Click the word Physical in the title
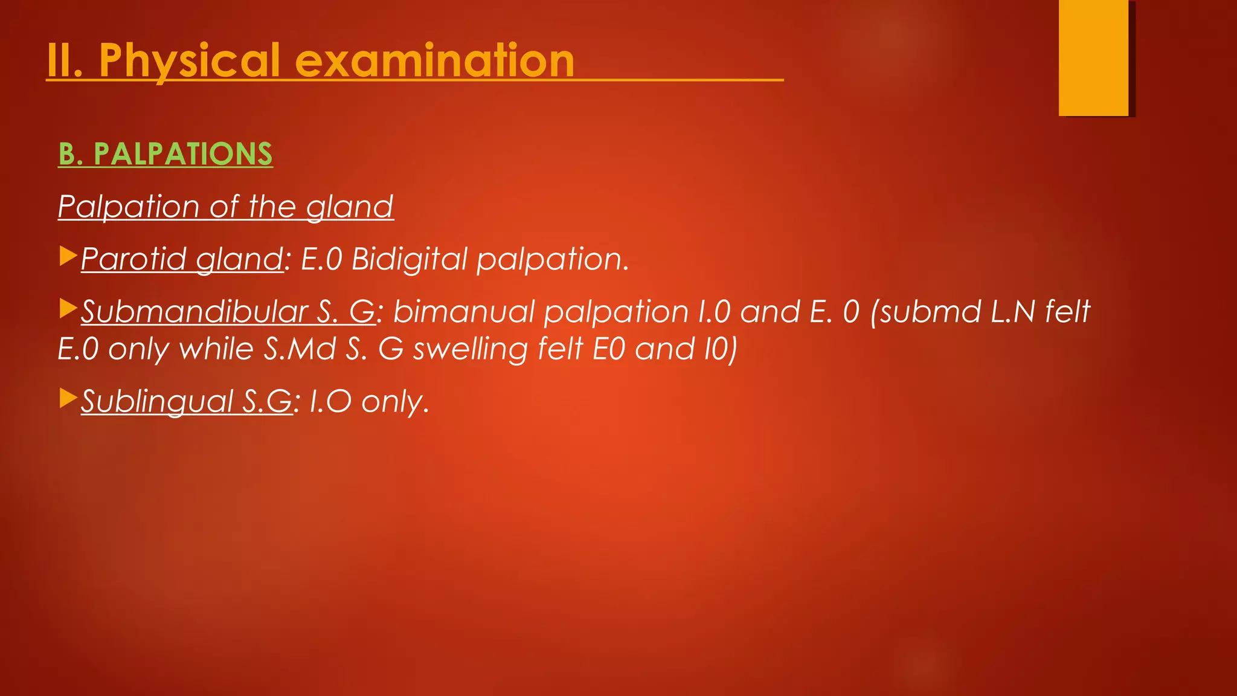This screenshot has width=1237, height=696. [190, 61]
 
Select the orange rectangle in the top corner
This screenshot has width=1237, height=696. [1093, 57]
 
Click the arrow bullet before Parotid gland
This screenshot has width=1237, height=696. [68, 256]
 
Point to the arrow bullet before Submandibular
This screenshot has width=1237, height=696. [68, 309]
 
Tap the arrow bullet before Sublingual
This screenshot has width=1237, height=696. [68, 398]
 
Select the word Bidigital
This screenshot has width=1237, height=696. [409, 259]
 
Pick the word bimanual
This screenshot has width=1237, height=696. [463, 312]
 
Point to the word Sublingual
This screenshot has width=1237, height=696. [157, 401]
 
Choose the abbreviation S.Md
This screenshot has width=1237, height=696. [300, 349]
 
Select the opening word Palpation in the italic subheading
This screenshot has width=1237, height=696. [128, 207]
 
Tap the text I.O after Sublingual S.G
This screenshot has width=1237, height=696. [330, 401]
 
